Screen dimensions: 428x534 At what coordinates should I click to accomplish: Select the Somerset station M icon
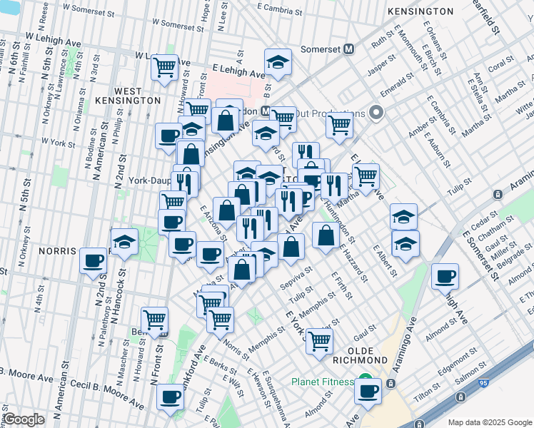(x=349, y=49)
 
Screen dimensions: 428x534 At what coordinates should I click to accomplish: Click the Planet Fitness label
(x=322, y=382)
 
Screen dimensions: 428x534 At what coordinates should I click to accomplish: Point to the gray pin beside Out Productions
(x=378, y=113)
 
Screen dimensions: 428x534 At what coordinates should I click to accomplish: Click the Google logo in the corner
(x=24, y=419)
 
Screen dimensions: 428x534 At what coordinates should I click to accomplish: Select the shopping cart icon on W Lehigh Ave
(x=165, y=68)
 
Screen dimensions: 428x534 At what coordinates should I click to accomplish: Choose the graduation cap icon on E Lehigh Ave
(x=278, y=62)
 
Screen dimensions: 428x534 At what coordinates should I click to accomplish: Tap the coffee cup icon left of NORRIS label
(x=94, y=260)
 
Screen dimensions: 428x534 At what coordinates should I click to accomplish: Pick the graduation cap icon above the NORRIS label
(x=124, y=242)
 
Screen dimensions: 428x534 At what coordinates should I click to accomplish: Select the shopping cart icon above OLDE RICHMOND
(x=318, y=341)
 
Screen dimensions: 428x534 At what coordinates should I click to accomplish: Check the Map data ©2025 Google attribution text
(x=489, y=422)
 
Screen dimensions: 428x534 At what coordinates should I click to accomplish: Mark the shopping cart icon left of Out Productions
(x=340, y=126)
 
